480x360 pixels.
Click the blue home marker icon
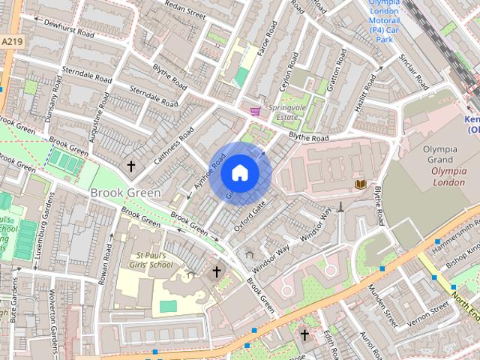(239, 173)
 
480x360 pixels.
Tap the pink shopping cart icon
(256, 111)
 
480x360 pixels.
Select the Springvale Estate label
(287, 112)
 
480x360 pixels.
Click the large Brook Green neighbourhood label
(124, 193)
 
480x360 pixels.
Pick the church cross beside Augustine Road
(130, 166)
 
